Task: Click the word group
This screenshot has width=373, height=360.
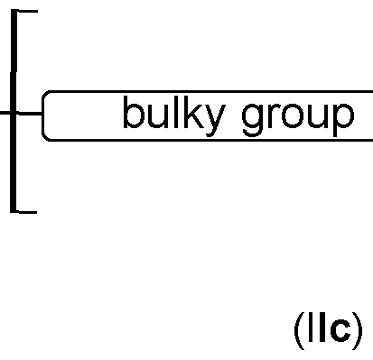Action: tap(298, 118)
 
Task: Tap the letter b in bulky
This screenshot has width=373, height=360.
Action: tap(133, 115)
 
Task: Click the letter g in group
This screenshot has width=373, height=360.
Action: tap(253, 120)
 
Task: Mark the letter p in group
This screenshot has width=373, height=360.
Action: tap(344, 120)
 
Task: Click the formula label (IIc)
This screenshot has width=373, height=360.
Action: tap(328, 331)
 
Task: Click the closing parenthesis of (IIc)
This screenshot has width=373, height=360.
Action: tap(358, 332)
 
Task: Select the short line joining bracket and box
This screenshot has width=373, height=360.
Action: tap(30, 114)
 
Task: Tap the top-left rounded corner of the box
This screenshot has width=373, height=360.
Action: tap(46, 94)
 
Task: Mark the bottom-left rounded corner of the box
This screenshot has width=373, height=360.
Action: tap(46, 136)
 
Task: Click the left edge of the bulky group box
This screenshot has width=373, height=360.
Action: tap(42, 115)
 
